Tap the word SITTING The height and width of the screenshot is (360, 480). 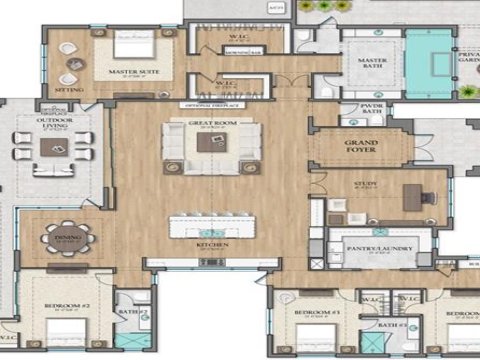(70, 88)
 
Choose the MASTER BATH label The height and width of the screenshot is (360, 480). (371, 63)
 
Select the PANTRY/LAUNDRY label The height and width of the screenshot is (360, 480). (371, 242)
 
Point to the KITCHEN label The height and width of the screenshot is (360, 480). (212, 244)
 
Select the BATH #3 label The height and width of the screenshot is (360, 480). (392, 324)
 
